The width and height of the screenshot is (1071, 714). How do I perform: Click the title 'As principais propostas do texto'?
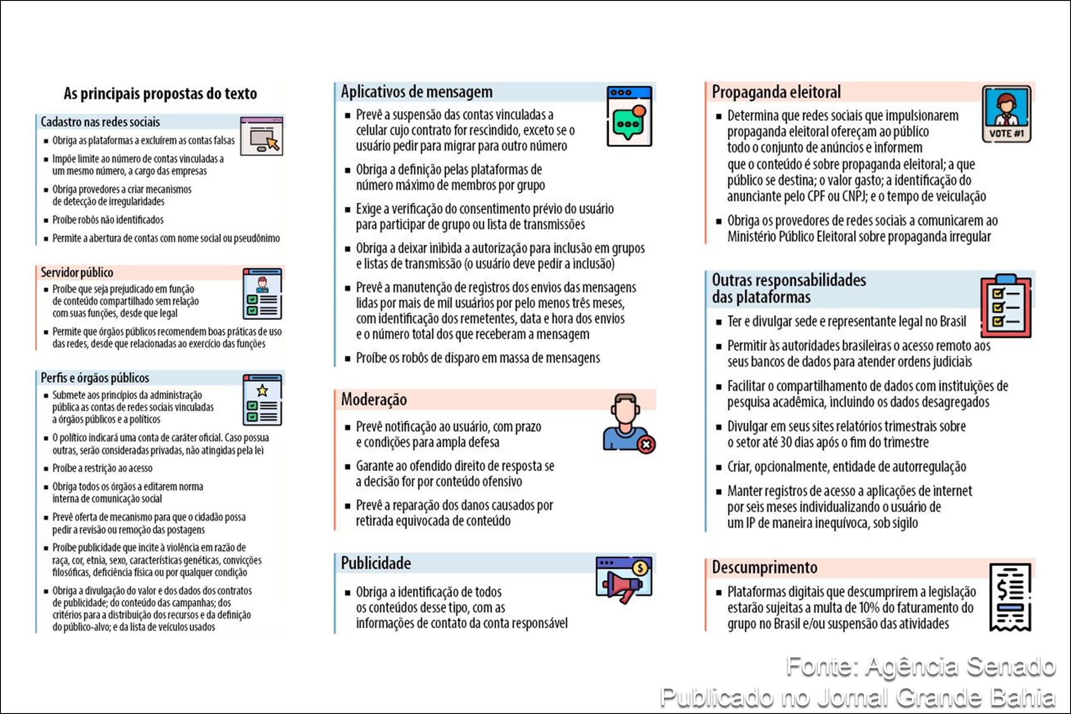[x=160, y=93]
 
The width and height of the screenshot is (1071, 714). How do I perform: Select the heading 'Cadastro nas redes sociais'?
[x=100, y=122]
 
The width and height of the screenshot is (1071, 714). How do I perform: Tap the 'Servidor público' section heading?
[x=77, y=272]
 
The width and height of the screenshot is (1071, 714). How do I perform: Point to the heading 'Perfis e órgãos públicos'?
[x=95, y=378]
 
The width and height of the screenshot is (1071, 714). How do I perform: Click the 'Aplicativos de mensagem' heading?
[x=417, y=92]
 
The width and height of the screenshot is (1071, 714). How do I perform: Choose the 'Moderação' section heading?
[x=374, y=399]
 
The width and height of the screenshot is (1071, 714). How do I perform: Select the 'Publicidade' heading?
[x=376, y=563]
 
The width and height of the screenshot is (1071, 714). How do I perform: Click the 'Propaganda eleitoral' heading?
[x=776, y=92]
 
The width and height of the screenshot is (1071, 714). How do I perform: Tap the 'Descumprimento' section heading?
[x=764, y=567]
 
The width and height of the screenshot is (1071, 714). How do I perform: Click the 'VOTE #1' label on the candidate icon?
[x=1006, y=133]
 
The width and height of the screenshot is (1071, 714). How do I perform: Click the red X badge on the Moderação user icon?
[x=646, y=444]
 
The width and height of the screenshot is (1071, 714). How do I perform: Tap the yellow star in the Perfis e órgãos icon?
[x=262, y=391]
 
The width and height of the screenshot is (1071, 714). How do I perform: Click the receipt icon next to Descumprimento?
[x=1010, y=597]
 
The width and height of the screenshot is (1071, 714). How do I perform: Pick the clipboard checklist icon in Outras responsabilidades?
[x=1006, y=306]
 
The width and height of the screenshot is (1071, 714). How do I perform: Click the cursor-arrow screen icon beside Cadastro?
[x=262, y=137]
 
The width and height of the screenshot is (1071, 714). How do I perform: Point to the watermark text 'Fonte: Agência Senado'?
[x=920, y=666]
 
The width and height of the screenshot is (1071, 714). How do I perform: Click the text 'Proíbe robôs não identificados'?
[x=108, y=220]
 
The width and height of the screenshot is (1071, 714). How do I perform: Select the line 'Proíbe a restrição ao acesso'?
[x=103, y=468]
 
